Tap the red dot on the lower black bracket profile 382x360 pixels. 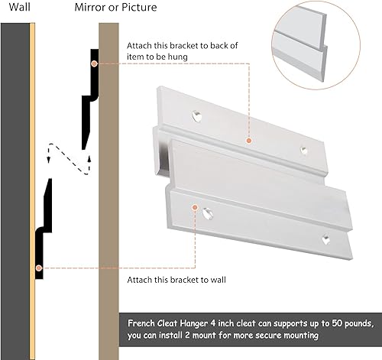click(x=39, y=268)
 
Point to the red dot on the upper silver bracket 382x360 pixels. click(x=248, y=140)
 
